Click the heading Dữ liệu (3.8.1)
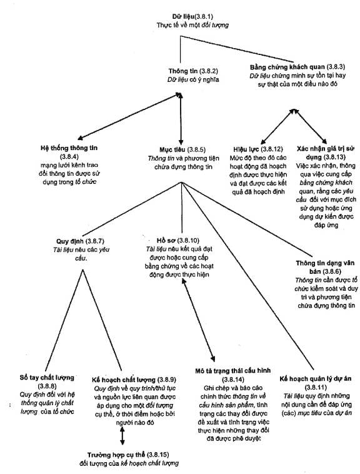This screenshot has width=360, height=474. click(x=192, y=16)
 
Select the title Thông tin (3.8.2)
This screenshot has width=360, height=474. click(x=193, y=71)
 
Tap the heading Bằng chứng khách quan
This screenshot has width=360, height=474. click(x=287, y=67)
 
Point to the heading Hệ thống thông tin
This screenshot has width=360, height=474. click(x=69, y=148)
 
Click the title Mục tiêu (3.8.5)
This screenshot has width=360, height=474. click(x=182, y=149)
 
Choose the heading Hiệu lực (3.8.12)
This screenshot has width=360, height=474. click(x=258, y=149)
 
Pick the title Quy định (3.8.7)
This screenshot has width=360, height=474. click(x=80, y=241)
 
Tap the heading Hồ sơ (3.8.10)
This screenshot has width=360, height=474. click(x=178, y=241)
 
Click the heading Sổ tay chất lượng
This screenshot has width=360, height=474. click(x=47, y=378)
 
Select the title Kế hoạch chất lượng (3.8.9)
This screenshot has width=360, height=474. click(x=134, y=380)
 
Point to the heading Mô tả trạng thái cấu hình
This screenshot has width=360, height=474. click(x=233, y=371)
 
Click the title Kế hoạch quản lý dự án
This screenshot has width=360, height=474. click(x=315, y=379)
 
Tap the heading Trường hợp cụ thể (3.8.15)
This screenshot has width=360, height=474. click(x=128, y=455)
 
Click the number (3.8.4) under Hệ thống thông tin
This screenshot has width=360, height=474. click(x=69, y=156)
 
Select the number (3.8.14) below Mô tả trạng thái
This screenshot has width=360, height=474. click(x=233, y=380)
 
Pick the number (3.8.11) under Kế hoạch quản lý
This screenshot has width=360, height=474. click(x=316, y=387)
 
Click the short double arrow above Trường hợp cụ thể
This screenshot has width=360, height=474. click(x=122, y=436)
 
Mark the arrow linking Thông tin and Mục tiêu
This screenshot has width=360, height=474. click(x=181, y=119)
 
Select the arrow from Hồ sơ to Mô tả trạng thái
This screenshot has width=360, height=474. click(x=199, y=320)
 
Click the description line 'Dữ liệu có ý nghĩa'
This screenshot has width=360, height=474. click(x=193, y=80)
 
